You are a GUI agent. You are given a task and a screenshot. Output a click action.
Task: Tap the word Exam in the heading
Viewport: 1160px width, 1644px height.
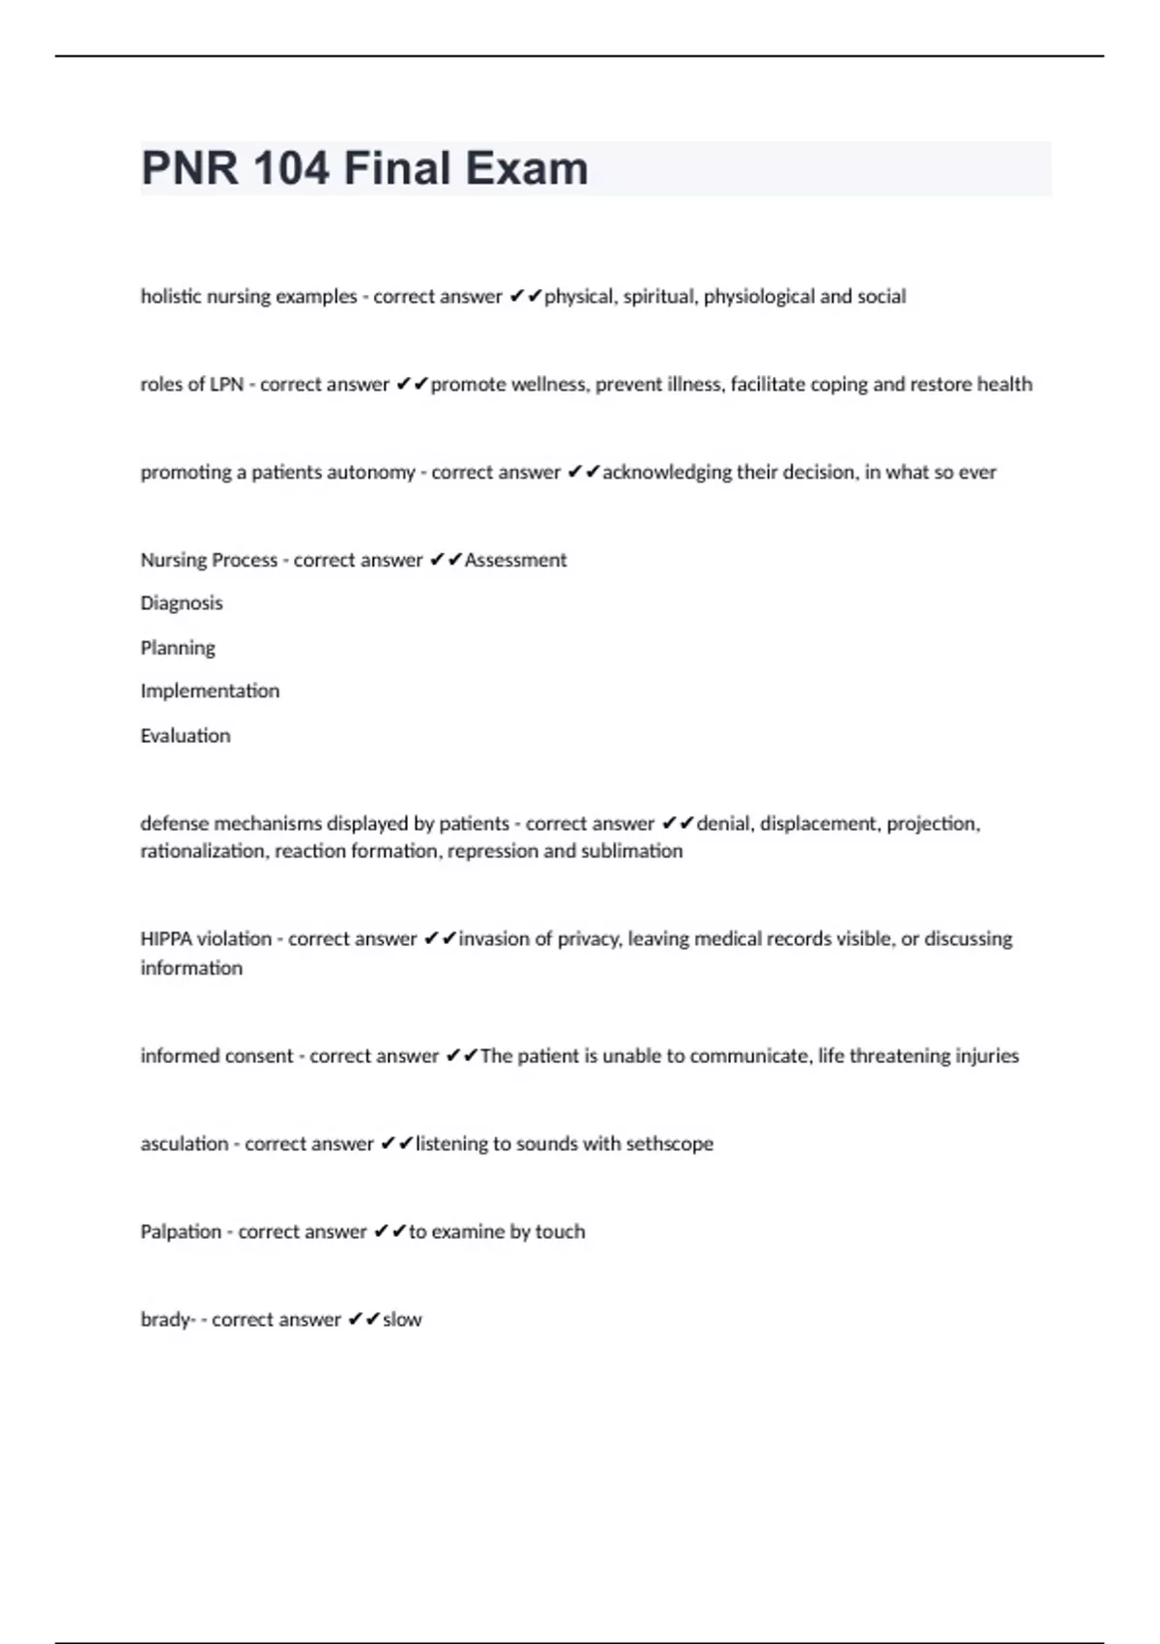tap(530, 168)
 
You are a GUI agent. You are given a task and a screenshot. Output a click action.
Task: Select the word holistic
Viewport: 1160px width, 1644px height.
tap(171, 297)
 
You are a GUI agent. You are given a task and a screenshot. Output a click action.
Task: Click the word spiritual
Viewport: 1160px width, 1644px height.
tap(657, 297)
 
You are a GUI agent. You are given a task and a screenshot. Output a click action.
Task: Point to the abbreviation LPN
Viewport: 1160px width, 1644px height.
tap(226, 385)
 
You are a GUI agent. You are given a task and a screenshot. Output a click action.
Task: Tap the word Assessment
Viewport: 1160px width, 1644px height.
tap(515, 560)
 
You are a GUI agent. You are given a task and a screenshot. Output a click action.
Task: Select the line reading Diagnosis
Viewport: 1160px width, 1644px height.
tap(182, 603)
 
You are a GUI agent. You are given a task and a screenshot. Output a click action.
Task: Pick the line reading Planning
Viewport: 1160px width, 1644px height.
tap(178, 648)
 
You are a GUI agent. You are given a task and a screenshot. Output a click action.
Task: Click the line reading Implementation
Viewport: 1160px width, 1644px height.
tap(210, 691)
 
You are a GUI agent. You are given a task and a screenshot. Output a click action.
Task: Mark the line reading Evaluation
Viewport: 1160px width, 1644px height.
tap(186, 736)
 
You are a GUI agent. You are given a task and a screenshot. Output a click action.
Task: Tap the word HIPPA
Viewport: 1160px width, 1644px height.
tap(166, 939)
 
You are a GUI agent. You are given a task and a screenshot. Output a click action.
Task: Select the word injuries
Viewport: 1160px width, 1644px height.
tap(987, 1056)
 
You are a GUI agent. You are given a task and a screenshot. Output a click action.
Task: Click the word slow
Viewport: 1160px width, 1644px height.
tap(402, 1320)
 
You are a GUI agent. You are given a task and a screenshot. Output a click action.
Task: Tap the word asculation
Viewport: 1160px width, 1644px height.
tap(185, 1144)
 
